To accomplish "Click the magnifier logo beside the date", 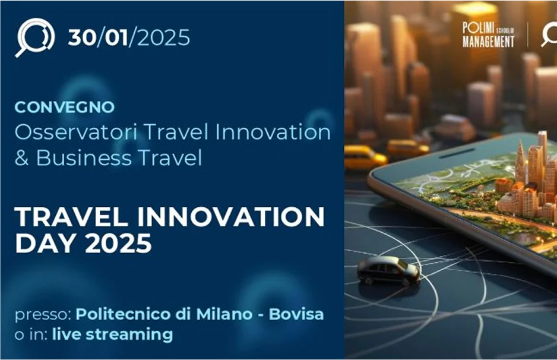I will point(34,37).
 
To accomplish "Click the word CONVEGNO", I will point(64,108).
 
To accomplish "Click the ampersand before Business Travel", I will point(21,159).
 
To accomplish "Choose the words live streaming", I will point(112,334).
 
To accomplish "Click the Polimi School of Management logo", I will point(489,35).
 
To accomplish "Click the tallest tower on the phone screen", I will point(542,156).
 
